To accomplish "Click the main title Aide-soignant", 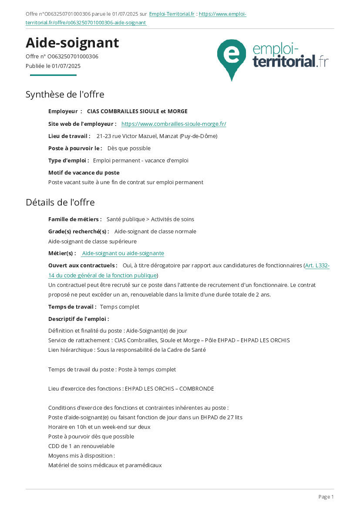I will click(x=72, y=43).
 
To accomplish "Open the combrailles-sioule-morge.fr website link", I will click(x=174, y=124).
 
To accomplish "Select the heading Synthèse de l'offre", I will click(x=65, y=94).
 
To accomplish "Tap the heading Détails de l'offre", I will click(x=60, y=202).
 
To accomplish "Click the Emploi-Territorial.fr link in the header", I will click(x=172, y=14).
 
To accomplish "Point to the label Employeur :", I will click(x=65, y=111).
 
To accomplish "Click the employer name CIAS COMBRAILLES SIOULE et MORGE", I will click(x=137, y=111).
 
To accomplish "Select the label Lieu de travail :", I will click(x=69, y=136).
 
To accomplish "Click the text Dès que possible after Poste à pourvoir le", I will click(x=129, y=148).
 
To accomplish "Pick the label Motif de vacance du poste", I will click(x=84, y=173).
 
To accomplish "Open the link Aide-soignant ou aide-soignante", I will click(x=123, y=253).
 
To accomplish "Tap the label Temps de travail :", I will click(x=72, y=307).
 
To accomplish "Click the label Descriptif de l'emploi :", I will click(x=78, y=319).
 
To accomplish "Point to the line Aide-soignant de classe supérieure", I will click(x=92, y=242).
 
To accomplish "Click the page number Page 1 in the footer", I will click(x=326, y=497).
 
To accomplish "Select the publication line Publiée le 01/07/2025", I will click(x=53, y=66).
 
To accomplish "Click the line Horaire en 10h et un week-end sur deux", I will click(x=99, y=427).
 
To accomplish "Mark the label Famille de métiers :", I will click(x=75, y=219).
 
